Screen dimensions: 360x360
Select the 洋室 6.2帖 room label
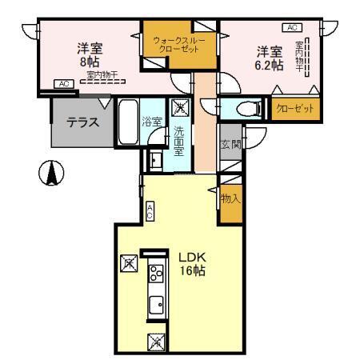(x=270, y=59)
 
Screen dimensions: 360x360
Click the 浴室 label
(x=152, y=122)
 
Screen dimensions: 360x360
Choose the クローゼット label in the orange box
(x=294, y=108)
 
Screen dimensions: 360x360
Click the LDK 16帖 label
(x=192, y=264)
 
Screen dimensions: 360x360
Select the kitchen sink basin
(x=156, y=304)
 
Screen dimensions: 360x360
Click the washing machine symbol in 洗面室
(x=182, y=107)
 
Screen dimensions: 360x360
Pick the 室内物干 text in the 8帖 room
(x=103, y=75)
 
